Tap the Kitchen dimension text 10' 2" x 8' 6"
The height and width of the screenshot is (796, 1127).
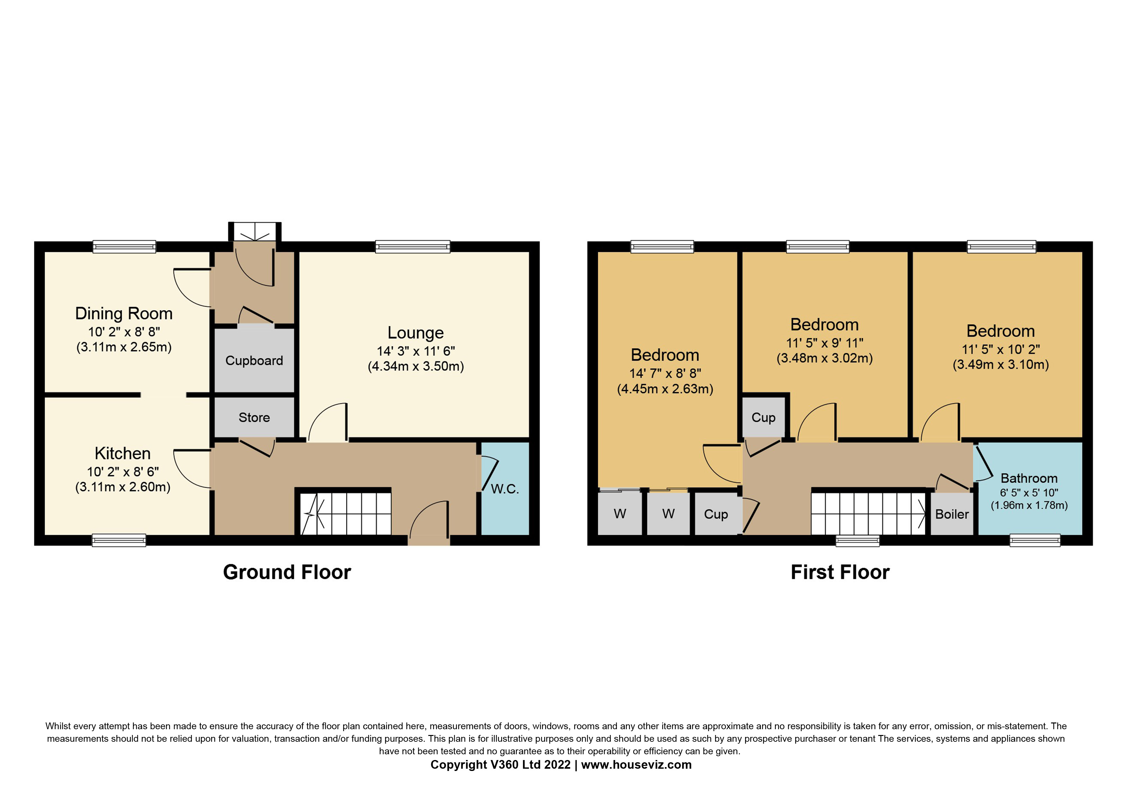(123, 472)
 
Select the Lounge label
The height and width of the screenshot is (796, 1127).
(415, 333)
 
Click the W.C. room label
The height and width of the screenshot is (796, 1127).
(505, 489)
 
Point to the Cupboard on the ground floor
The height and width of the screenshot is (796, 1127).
(254, 361)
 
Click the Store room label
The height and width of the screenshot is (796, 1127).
(254, 417)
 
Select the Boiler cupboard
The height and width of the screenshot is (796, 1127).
(952, 514)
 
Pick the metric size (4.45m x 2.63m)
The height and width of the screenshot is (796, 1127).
(665, 389)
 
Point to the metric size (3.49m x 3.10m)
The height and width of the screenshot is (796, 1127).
(1000, 365)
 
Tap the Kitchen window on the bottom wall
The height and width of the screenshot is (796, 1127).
(119, 540)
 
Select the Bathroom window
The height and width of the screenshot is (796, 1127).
(1035, 540)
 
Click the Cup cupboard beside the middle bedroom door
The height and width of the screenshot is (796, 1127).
(763, 417)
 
